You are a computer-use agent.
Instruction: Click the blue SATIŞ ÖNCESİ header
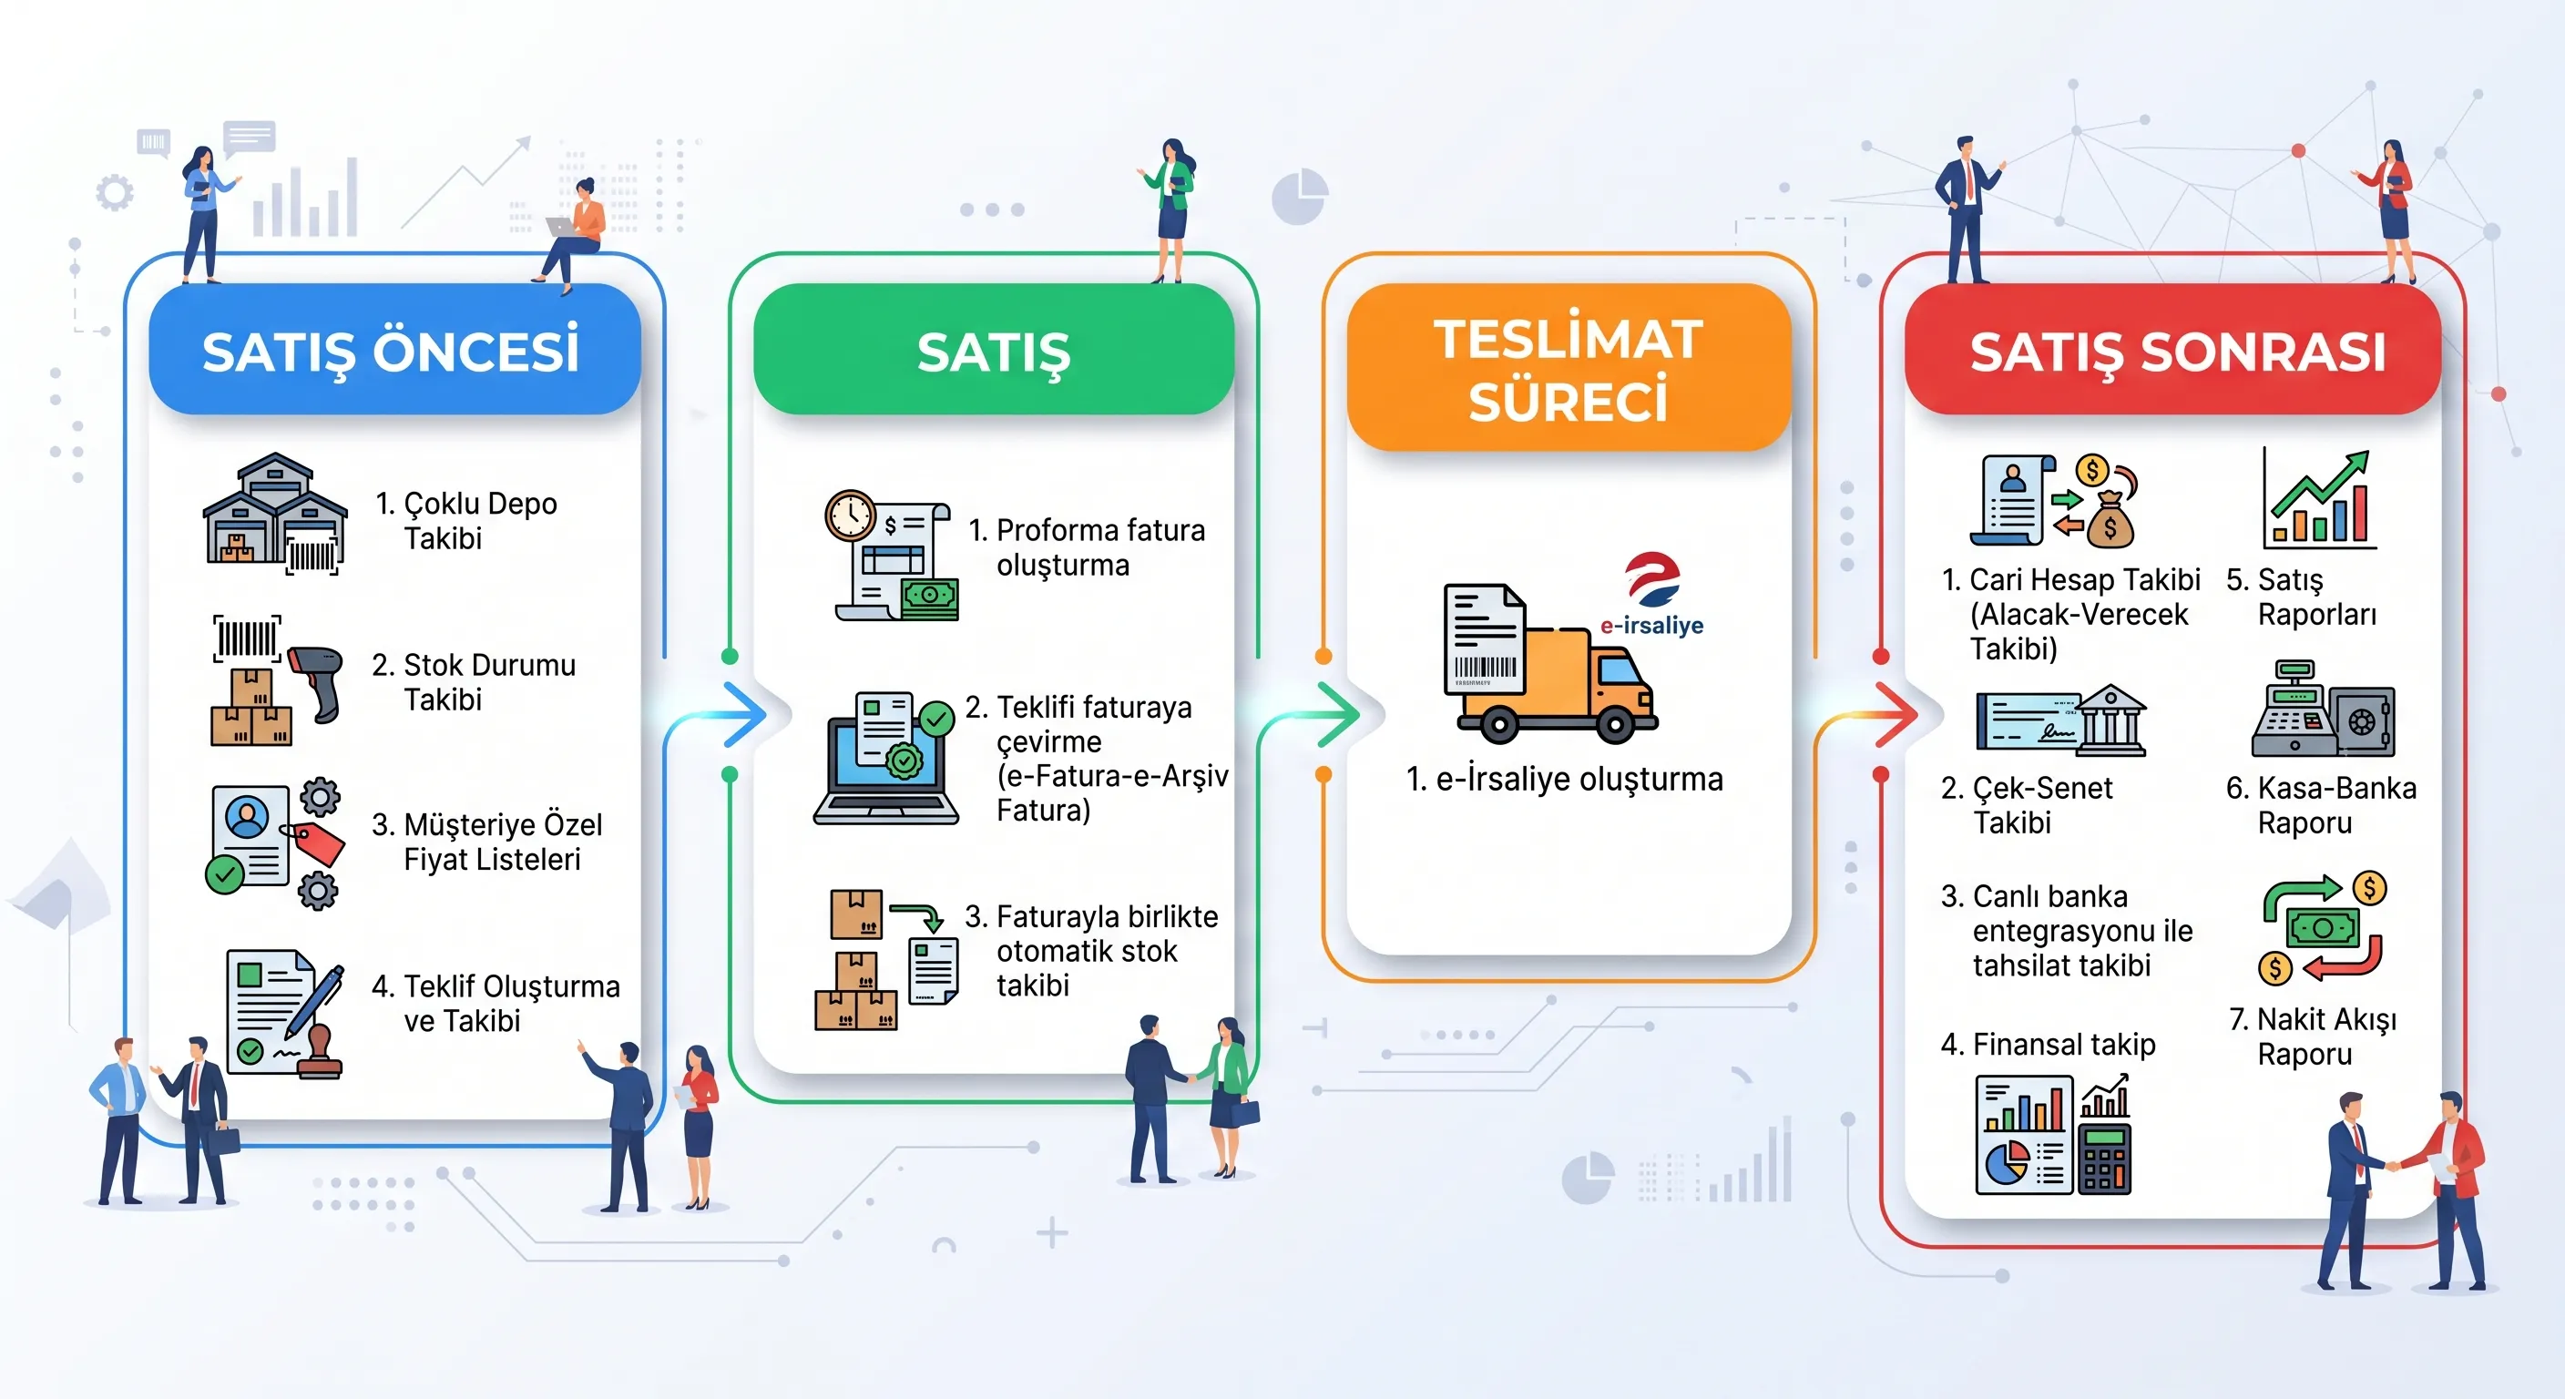(x=393, y=350)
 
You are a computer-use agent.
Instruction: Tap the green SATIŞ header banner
(x=993, y=350)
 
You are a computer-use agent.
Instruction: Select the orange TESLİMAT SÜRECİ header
(x=1569, y=367)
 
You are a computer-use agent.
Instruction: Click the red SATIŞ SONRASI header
(x=2172, y=350)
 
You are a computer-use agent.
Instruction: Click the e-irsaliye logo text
(x=1650, y=626)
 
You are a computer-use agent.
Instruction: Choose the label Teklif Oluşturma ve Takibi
(x=495, y=1004)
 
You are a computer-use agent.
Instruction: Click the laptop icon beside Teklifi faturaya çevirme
(x=884, y=760)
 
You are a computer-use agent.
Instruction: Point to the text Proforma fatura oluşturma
(x=1087, y=547)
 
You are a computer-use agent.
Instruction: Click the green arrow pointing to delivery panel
(x=1337, y=714)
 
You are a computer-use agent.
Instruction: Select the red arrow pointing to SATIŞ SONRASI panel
(x=1895, y=714)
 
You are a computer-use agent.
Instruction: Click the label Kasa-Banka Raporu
(x=2321, y=805)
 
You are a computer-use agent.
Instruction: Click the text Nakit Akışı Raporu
(x=2312, y=1036)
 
